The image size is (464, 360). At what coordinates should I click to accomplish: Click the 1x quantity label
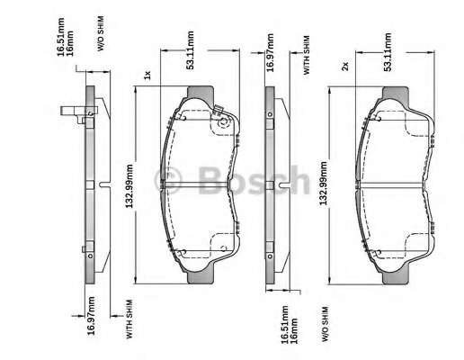147,75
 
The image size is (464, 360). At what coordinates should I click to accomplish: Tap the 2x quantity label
345,66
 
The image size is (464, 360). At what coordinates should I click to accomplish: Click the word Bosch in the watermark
254,180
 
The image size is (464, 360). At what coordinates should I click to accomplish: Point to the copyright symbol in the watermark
168,180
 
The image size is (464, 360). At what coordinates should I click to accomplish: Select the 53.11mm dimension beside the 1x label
190,50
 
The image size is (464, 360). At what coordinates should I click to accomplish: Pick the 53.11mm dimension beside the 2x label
388,52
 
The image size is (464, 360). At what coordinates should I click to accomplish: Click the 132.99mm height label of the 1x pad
129,186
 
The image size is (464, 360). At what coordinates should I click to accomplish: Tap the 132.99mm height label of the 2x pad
324,184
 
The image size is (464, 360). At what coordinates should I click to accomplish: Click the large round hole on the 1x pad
224,122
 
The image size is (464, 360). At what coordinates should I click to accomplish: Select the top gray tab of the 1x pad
201,93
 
